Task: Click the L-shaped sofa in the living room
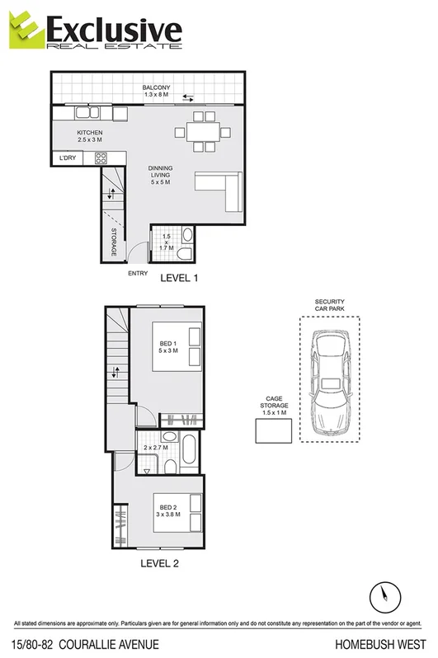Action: [x=221, y=191]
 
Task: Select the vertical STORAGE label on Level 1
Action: [x=113, y=242]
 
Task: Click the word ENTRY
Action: [x=137, y=274]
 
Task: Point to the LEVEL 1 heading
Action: [x=178, y=278]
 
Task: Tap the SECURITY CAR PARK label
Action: [x=329, y=306]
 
